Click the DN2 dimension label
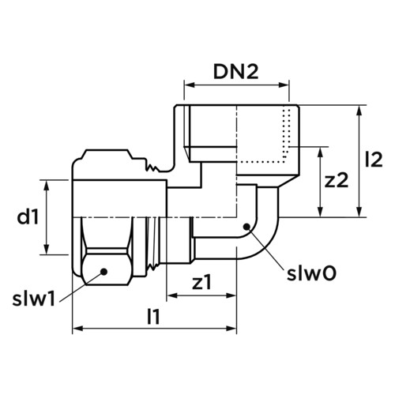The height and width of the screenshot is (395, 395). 235,72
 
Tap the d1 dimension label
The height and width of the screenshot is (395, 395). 28,217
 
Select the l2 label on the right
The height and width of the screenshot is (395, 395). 374,160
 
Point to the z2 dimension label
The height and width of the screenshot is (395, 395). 337,181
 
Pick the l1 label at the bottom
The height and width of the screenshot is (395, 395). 153,317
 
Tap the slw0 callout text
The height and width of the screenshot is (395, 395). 311,274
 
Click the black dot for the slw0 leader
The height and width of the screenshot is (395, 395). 246,227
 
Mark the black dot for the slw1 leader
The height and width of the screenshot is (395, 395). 104,271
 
